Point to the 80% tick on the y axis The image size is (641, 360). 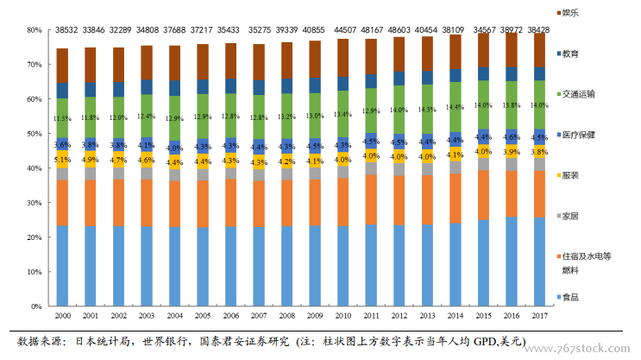pos(35,29)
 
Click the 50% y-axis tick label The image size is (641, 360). pos(35,134)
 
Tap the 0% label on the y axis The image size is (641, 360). pos(37,306)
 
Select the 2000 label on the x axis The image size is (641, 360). pos(63,316)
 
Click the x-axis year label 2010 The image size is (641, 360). pos(343,316)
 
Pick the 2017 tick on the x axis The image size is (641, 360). pos(539,316)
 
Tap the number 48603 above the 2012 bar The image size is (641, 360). pos(399,28)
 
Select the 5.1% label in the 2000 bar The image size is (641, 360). pos(62,160)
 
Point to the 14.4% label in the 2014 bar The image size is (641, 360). pos(455,107)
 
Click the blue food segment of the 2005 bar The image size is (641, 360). pos(203,267)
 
